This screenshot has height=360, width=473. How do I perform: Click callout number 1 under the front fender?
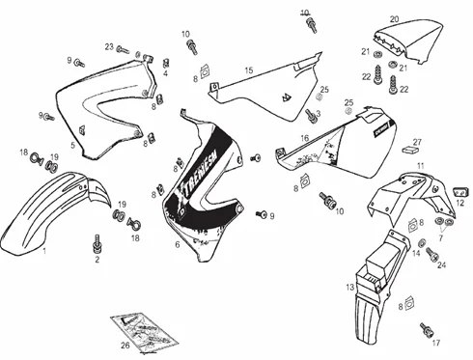click(43, 251)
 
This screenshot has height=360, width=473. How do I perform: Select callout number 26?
click(124, 346)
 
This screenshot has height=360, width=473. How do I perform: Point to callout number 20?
click(393, 19)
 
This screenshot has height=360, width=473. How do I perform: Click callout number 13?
click(350, 288)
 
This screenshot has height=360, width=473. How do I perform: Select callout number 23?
click(109, 46)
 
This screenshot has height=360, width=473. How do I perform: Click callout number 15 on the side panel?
click(248, 70)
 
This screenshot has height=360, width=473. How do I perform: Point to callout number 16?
click(304, 138)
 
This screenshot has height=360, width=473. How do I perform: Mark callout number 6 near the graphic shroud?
click(177, 245)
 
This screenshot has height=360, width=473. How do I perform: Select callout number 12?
click(460, 203)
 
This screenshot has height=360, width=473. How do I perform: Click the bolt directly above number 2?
click(97, 241)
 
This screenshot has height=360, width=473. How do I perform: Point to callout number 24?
click(442, 264)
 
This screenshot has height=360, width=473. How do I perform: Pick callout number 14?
click(417, 254)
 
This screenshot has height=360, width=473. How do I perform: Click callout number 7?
click(442, 237)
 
